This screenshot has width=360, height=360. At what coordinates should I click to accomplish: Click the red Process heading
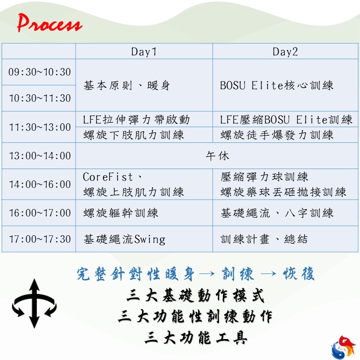click(50, 23)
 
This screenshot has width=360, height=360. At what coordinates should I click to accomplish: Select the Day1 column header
click(144, 51)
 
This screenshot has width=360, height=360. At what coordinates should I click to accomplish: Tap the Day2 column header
click(285, 51)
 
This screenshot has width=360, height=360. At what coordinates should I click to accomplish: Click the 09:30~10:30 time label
click(40, 72)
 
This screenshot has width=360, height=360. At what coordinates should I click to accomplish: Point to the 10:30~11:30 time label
click(40, 98)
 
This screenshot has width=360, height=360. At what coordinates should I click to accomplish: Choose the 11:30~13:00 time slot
click(40, 127)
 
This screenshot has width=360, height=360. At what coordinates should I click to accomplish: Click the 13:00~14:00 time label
click(40, 156)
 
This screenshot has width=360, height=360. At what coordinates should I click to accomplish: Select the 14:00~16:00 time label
click(40, 184)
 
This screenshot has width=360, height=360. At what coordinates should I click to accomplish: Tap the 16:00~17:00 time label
click(40, 213)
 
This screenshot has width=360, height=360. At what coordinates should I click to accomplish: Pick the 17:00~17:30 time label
click(40, 239)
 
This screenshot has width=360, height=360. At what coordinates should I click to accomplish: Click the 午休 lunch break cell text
click(218, 156)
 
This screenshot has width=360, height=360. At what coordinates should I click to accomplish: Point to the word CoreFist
click(108, 177)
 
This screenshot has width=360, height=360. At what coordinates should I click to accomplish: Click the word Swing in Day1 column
click(150, 240)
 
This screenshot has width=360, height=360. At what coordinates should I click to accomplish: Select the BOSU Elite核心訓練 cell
click(276, 85)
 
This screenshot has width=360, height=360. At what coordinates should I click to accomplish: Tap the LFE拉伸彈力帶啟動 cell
click(136, 120)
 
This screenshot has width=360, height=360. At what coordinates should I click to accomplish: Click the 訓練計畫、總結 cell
click(264, 239)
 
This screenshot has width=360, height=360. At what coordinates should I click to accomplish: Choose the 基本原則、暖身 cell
click(127, 85)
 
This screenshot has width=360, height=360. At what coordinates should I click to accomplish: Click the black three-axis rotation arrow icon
click(34, 303)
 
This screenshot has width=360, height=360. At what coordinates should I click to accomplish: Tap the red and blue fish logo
click(344, 347)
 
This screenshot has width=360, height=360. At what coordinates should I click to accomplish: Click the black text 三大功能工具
click(196, 338)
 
